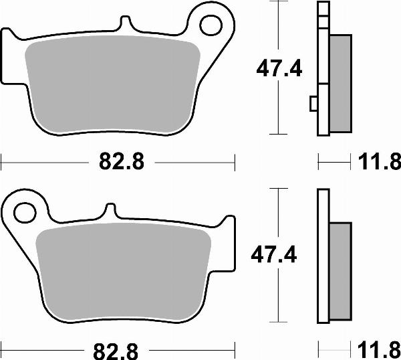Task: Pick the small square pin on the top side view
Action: (313, 104)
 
